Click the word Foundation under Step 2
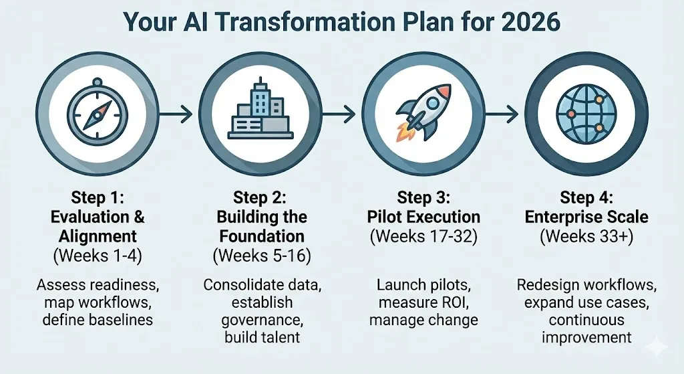point(261,236)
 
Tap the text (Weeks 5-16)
point(261,255)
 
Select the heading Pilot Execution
point(423,217)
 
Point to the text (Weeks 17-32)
point(423,236)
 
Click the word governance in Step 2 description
point(261,320)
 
